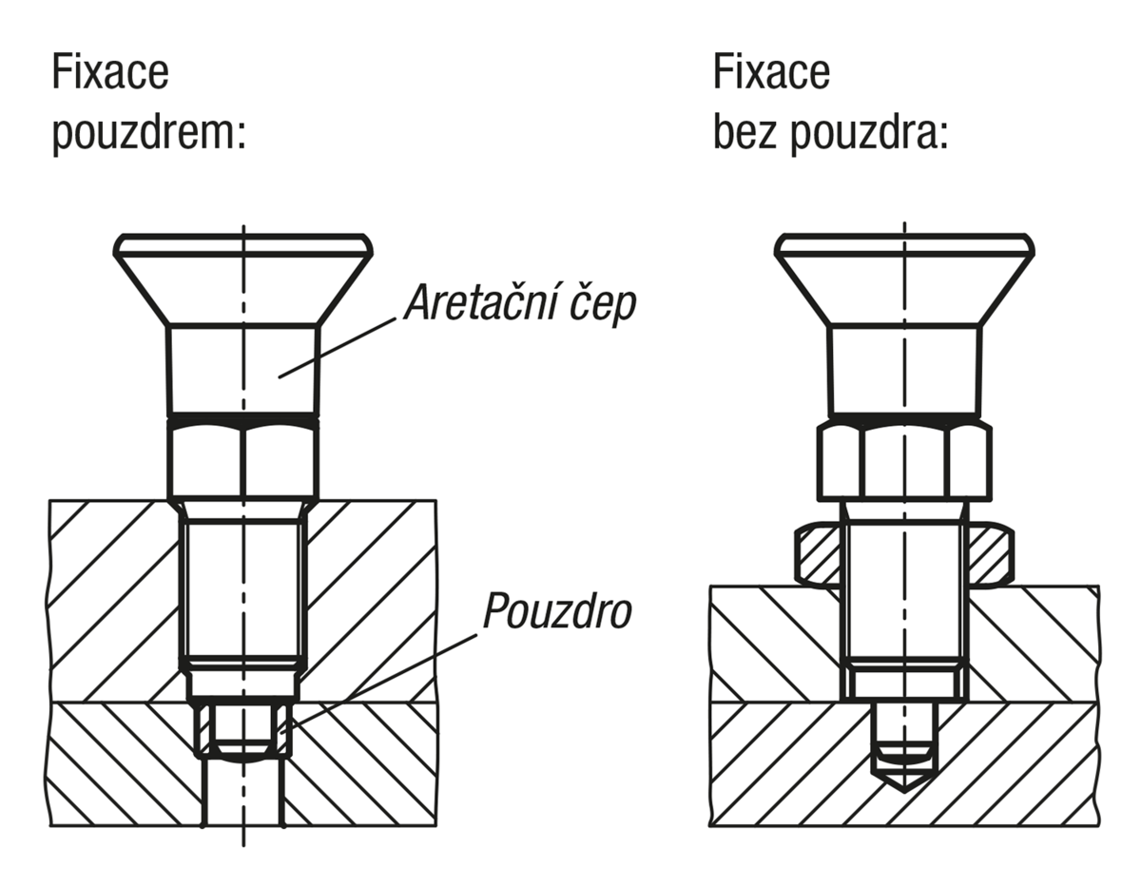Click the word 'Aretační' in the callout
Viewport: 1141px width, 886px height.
(480, 302)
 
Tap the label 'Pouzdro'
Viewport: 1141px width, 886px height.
(557, 610)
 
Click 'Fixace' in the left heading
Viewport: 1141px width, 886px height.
(110, 72)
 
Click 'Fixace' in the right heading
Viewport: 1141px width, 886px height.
(771, 72)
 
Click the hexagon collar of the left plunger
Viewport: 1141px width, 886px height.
(243, 460)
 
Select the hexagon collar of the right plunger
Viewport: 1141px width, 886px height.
(904, 461)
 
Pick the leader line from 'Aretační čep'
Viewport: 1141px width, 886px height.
(338, 348)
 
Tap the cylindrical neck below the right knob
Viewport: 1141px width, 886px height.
(904, 372)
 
